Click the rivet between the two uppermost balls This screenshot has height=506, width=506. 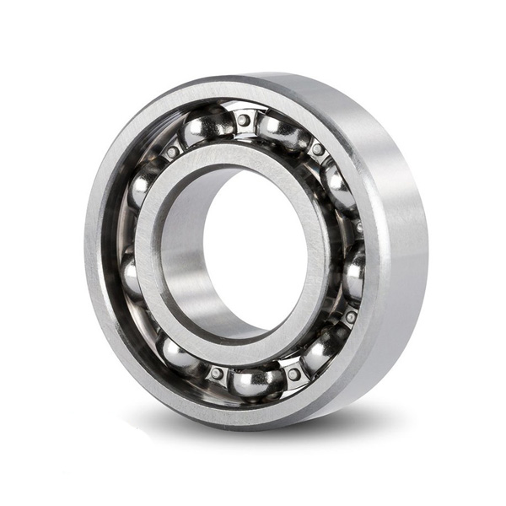pyautogui.click(x=244, y=120)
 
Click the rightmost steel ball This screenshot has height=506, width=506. pyautogui.click(x=354, y=270)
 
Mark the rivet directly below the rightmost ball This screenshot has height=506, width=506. pyautogui.click(x=349, y=317)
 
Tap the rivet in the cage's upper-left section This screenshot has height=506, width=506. pyautogui.click(x=172, y=152)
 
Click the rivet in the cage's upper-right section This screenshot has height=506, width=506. pyautogui.click(x=317, y=150)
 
